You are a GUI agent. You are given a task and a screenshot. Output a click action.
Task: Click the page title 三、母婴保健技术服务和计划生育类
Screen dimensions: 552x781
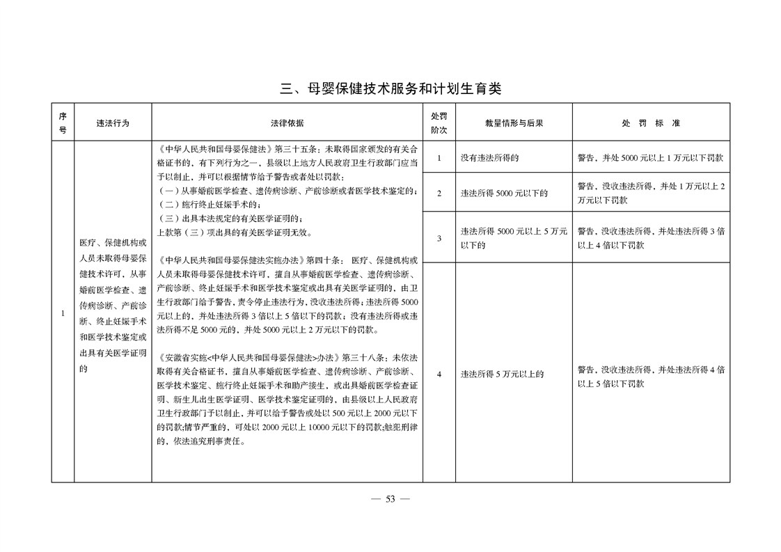pyautogui.click(x=390, y=88)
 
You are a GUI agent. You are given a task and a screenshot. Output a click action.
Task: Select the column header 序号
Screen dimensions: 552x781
pyautogui.click(x=63, y=123)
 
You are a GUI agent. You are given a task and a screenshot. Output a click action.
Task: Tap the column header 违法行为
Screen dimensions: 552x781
pyautogui.click(x=113, y=123)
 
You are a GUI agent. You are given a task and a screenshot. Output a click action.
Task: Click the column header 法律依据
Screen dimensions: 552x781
pyautogui.click(x=287, y=123)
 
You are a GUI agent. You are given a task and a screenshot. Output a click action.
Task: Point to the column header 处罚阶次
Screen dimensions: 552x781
pyautogui.click(x=439, y=123)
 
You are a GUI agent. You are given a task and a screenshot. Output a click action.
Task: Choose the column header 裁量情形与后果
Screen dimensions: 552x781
pyautogui.click(x=514, y=123)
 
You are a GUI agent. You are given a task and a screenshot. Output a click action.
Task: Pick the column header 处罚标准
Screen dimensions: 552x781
pyautogui.click(x=651, y=123)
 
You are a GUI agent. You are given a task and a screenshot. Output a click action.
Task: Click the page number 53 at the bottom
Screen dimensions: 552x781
pyautogui.click(x=390, y=498)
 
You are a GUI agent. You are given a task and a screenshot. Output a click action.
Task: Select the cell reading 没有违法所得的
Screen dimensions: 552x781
pyautogui.click(x=489, y=158)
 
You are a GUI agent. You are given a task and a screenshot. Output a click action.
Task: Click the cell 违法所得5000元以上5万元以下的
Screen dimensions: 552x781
pyautogui.click(x=514, y=238)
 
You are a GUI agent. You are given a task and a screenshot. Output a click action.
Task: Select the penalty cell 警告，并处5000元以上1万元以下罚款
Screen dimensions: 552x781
pyautogui.click(x=651, y=158)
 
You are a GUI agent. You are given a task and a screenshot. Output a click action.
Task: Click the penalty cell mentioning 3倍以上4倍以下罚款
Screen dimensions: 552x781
pyautogui.click(x=651, y=238)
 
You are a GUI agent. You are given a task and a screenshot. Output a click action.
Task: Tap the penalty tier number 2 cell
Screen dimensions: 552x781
pyautogui.click(x=439, y=193)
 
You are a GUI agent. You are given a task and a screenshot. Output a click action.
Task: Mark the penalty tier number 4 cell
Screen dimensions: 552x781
pyautogui.click(x=439, y=374)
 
